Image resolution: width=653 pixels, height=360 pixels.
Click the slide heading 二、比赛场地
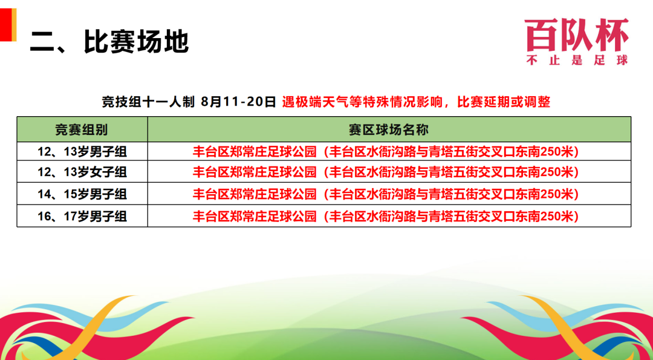109,42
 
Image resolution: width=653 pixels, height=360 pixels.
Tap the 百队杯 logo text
577,34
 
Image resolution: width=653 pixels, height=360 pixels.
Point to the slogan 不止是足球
577,60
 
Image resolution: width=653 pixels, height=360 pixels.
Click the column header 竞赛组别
82,129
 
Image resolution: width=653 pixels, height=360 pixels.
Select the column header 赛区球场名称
389,129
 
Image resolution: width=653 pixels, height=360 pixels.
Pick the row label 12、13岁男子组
82,152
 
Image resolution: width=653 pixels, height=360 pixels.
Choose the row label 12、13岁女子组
82,171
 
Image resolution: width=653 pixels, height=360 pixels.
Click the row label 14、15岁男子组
82,194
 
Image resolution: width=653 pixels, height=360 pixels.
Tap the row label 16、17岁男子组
82,216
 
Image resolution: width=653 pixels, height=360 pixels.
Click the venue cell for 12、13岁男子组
386,152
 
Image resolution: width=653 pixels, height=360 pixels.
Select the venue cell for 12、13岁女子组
386,171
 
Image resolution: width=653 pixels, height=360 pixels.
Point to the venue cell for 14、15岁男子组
386,194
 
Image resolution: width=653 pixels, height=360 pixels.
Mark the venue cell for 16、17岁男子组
386,216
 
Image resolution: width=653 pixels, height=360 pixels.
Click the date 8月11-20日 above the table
238,102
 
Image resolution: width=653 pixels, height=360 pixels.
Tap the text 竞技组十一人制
148,102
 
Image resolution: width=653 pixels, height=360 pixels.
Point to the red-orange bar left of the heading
8,24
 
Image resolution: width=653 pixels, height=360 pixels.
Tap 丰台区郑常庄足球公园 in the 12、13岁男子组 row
254,152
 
